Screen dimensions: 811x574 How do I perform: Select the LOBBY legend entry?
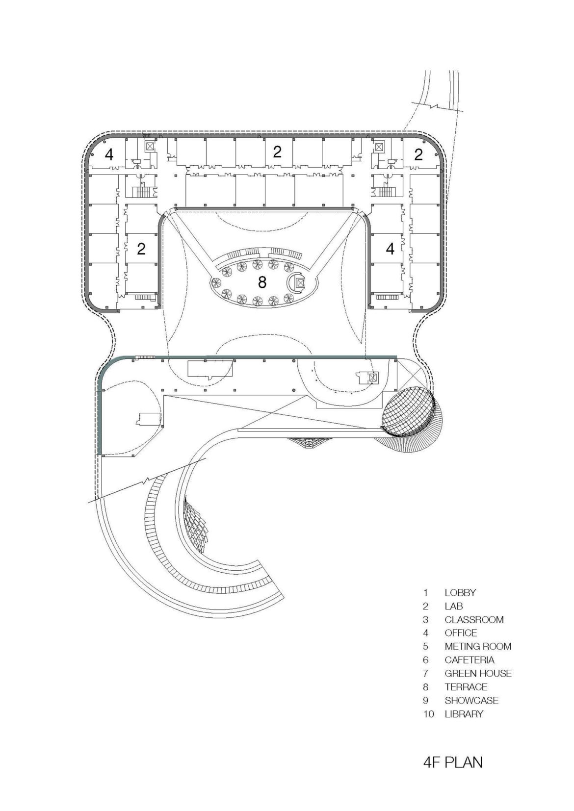click(460, 592)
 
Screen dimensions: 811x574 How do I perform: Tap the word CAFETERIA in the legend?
click(470, 660)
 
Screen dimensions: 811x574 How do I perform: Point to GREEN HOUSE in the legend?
click(478, 674)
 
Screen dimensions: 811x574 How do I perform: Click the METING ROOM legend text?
click(478, 646)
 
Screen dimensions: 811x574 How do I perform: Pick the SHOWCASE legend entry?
click(471, 701)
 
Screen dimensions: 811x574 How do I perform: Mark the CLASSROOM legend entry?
click(474, 619)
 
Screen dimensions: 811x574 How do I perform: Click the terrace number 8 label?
click(262, 282)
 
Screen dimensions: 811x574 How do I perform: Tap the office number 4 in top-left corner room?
click(109, 154)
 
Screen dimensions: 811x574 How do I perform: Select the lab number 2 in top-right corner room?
click(418, 154)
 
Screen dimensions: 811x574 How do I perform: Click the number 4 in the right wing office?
click(390, 249)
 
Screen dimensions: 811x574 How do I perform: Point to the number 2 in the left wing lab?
click(141, 249)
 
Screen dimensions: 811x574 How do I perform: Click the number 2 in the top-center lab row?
click(277, 152)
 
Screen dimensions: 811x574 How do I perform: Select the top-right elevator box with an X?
click(378, 146)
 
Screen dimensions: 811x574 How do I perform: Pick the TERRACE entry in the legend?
click(466, 687)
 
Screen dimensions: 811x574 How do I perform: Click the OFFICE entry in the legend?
click(461, 633)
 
